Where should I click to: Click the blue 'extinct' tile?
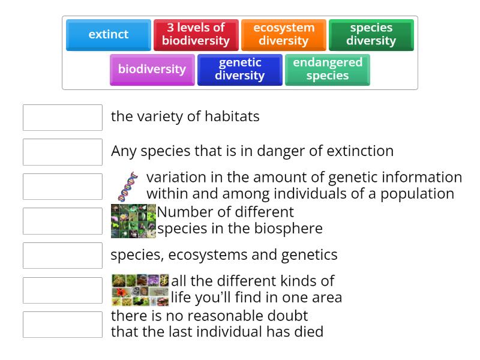[x=108, y=35]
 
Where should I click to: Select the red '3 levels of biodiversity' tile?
[x=196, y=35]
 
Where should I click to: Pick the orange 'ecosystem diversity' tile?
[x=283, y=35]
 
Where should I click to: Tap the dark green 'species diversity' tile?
[x=371, y=35]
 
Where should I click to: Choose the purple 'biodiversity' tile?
[x=152, y=70]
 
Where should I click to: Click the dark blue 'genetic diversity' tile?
[x=239, y=70]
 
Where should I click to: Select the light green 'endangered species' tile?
[x=327, y=70]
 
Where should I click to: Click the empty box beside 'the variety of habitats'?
[x=62, y=118]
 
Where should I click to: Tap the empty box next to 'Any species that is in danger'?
[x=62, y=152]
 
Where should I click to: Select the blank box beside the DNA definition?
[x=62, y=187]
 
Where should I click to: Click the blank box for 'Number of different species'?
[x=62, y=221]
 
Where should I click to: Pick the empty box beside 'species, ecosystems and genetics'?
[x=62, y=256]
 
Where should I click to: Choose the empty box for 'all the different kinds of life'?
[x=62, y=290]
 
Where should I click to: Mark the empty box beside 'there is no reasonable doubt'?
[x=62, y=325]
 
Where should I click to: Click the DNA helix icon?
[x=127, y=186]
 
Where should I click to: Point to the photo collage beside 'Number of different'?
[x=133, y=221]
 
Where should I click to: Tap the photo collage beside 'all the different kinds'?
[x=140, y=290]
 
